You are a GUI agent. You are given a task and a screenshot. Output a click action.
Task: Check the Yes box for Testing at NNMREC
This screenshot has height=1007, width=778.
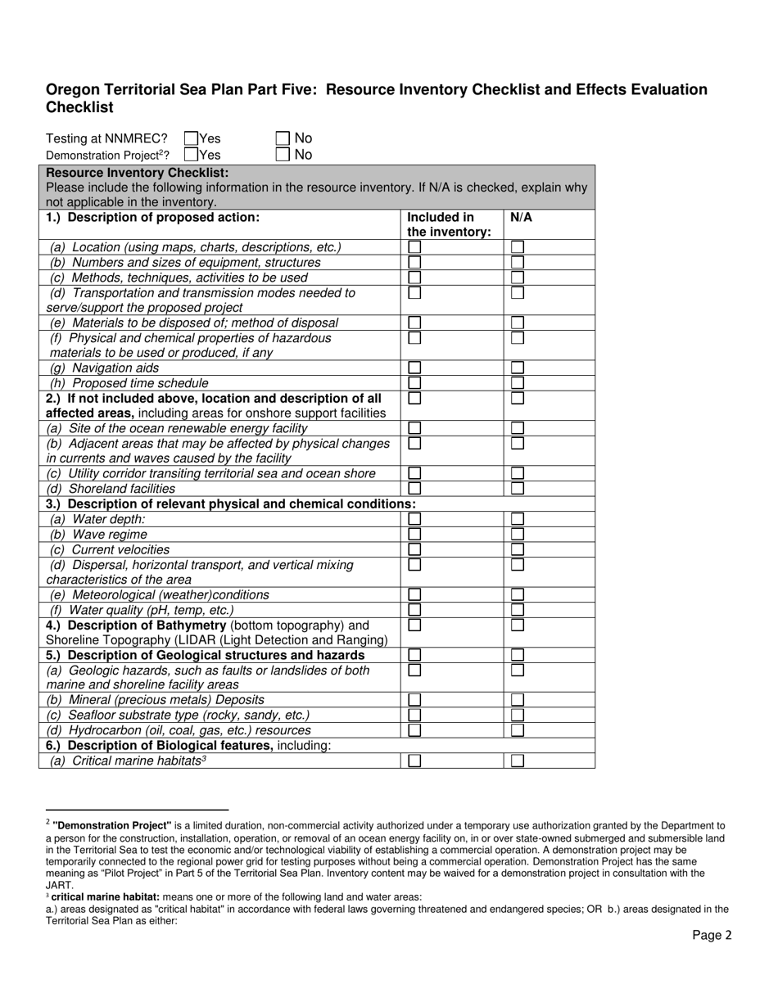tap(192, 138)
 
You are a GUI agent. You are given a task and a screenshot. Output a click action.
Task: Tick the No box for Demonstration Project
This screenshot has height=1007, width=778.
tap(283, 154)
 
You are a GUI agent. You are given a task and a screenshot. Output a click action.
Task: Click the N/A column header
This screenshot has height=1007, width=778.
tap(521, 218)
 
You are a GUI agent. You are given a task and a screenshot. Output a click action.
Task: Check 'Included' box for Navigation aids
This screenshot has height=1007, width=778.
tap(415, 368)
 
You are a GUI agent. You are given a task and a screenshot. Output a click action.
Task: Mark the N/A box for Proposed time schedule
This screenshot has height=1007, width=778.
tap(518, 383)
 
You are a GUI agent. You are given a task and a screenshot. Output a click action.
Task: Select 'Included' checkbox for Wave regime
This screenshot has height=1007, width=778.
tap(415, 534)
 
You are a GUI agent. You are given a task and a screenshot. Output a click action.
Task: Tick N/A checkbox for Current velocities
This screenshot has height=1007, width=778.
tap(518, 549)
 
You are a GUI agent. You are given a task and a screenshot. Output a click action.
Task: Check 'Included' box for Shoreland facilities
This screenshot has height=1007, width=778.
tap(415, 488)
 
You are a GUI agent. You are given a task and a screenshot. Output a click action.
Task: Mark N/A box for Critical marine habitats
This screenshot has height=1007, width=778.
tap(518, 761)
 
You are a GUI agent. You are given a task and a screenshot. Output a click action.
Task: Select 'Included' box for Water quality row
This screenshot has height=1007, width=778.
tap(415, 610)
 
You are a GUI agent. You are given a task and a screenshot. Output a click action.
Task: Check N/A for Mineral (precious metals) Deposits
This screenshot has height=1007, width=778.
tap(518, 699)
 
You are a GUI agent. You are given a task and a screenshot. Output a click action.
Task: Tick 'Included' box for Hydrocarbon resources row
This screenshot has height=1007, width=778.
tap(415, 729)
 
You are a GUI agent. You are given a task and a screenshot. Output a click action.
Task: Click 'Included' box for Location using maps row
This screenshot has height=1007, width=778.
tap(415, 246)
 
